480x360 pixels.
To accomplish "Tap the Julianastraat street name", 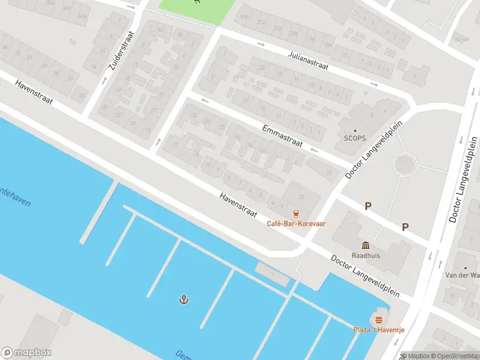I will pos(308,61).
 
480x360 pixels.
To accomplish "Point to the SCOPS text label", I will pos(355,138).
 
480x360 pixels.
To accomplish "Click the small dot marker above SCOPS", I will pos(355,130).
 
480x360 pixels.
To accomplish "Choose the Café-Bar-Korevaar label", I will pos(296,224).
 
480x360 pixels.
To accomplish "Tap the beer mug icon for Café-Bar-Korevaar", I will pos(296,213).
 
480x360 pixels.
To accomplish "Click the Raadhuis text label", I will pos(365,254).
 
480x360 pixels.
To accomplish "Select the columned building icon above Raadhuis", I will pos(365,244).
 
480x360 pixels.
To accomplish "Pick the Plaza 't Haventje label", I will pos(378,330).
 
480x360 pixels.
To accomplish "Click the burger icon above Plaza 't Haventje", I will pos(378,319).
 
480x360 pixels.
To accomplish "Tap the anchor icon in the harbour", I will pos(184,299).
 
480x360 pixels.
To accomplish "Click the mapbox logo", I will pos(26,353).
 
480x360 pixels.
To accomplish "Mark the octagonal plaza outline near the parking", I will pos(406,163).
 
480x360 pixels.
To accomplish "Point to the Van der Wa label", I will pos(464,275).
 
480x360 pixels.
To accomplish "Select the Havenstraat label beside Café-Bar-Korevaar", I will pos(238,205).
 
